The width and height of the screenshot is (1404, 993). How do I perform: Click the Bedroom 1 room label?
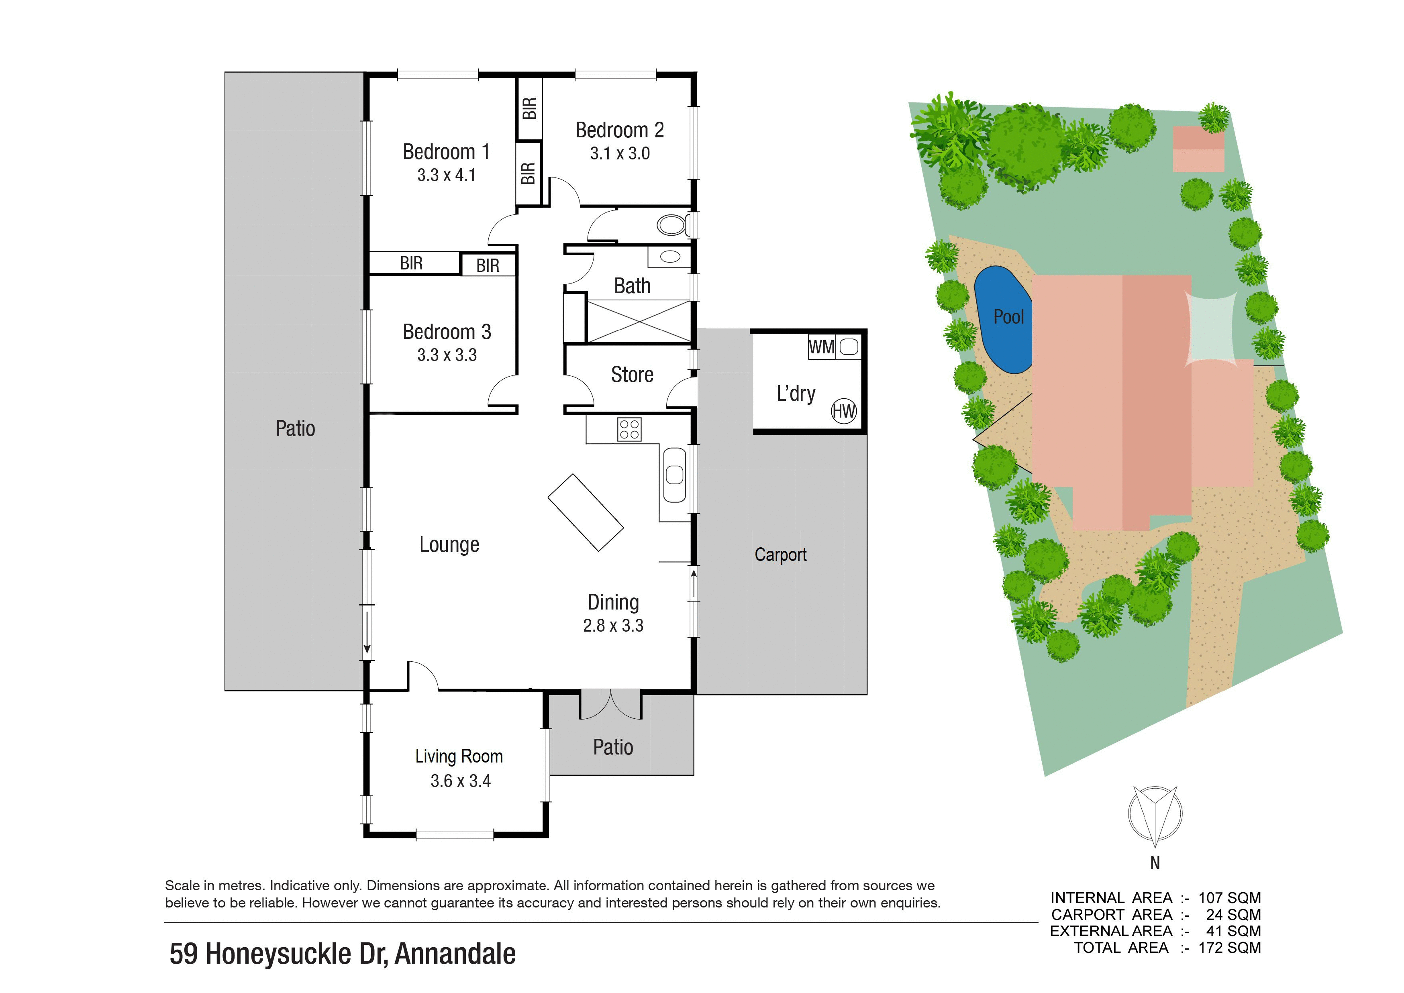click(x=446, y=152)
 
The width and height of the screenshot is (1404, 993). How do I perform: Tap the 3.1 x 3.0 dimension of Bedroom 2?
click(x=619, y=153)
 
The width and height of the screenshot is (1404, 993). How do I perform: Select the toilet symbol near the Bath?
click(x=673, y=225)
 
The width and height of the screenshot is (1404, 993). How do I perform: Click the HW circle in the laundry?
click(x=843, y=411)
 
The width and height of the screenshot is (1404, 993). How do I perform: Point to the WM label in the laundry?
click(x=821, y=347)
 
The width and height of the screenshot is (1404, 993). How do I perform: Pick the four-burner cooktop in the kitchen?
click(x=629, y=429)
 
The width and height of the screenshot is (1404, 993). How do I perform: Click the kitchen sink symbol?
click(x=674, y=475)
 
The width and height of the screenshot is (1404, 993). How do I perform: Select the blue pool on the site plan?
click(x=1003, y=320)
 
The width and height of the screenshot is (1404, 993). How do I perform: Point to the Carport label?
click(x=780, y=555)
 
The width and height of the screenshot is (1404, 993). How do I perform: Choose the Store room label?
click(x=632, y=374)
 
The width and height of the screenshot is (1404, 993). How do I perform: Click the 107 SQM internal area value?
click(x=1229, y=897)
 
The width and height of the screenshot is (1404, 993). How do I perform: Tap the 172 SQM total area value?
click(x=1229, y=948)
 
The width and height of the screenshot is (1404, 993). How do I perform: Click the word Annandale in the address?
click(x=455, y=954)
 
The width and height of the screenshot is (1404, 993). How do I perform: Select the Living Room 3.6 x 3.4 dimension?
click(x=461, y=781)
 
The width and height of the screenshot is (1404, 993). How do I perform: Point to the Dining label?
click(x=613, y=603)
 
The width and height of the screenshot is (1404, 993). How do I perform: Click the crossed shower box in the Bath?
click(x=639, y=321)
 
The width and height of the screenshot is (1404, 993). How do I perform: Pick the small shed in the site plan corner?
click(x=1198, y=149)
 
